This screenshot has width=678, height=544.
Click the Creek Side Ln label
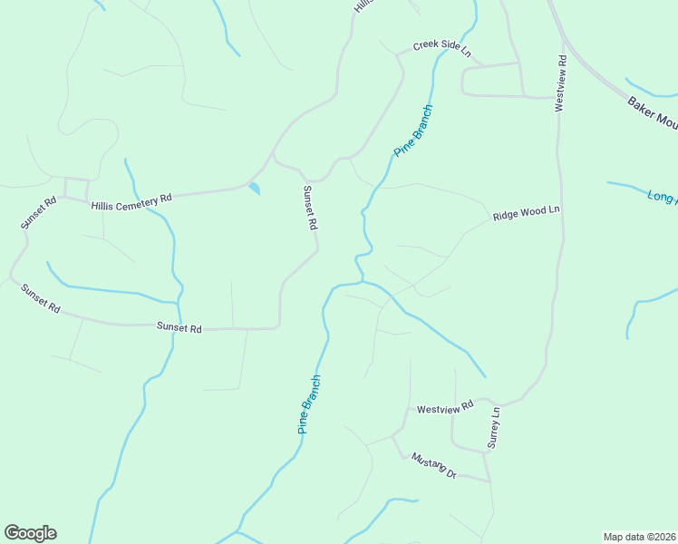(x=442, y=48)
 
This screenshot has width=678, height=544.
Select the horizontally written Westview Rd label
(x=445, y=408)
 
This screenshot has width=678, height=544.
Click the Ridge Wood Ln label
(x=527, y=214)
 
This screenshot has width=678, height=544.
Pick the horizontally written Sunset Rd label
(x=179, y=327)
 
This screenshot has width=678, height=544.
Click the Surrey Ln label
(x=493, y=427)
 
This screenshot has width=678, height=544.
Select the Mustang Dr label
(x=433, y=466)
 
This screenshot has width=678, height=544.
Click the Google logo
(x=30, y=533)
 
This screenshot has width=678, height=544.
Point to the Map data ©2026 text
(x=638, y=537)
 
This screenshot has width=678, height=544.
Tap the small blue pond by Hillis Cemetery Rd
(x=254, y=189)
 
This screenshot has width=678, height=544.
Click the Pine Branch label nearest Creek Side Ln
(x=413, y=131)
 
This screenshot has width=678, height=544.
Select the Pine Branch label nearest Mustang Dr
(x=309, y=404)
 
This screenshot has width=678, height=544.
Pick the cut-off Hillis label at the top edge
(x=363, y=5)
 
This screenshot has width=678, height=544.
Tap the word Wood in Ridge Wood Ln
(x=532, y=213)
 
